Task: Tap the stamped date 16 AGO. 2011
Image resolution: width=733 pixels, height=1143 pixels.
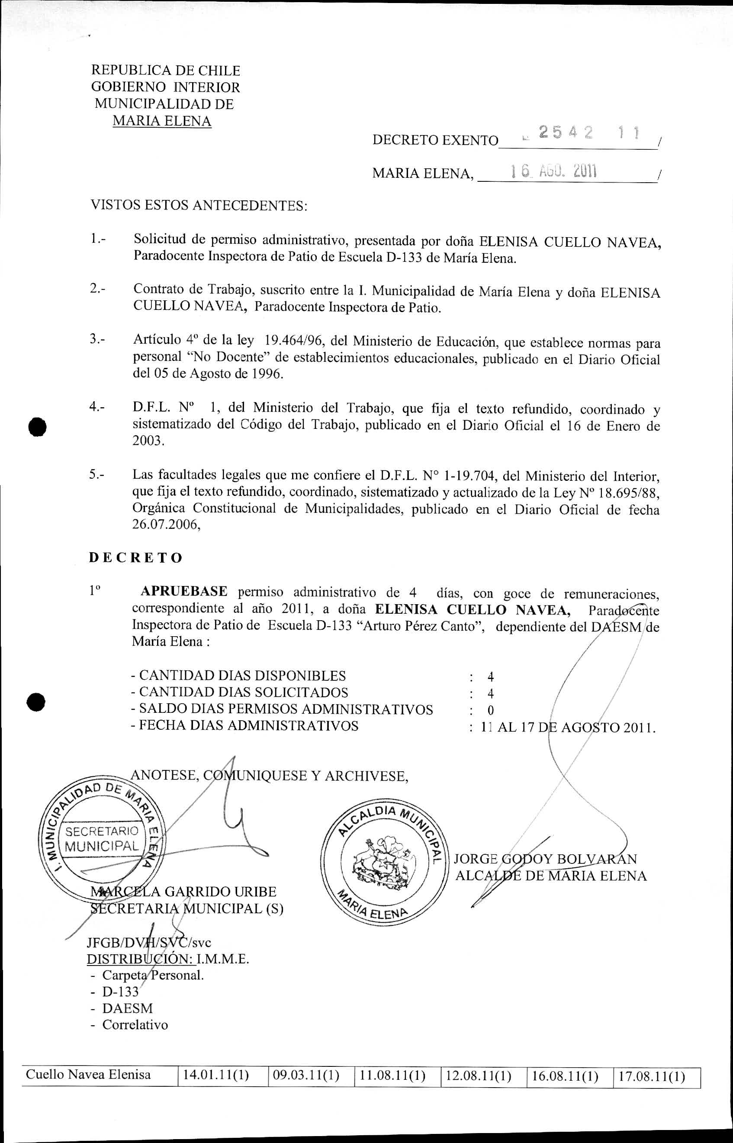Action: [553, 171]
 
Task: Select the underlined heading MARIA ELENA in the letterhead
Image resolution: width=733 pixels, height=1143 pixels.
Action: [162, 121]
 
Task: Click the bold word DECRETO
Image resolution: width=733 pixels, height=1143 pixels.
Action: [136, 557]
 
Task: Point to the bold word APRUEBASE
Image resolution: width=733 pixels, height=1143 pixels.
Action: [184, 592]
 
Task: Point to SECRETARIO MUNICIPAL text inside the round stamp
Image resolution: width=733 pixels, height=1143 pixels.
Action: [102, 839]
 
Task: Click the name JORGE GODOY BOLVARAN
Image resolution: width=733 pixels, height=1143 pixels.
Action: [545, 859]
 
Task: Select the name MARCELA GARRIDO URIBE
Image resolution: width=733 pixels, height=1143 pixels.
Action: [184, 891]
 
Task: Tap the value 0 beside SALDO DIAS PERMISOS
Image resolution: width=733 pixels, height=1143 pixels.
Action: [491, 710]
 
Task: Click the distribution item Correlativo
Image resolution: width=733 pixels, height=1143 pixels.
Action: [135, 1024]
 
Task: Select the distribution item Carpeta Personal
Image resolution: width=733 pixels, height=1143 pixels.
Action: [153, 975]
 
